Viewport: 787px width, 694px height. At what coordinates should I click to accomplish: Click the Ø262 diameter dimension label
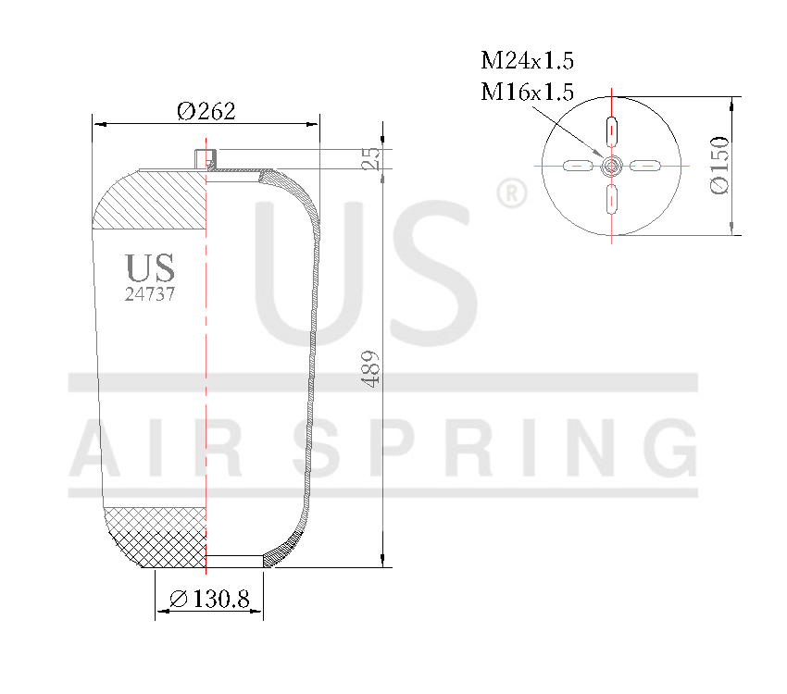coord(206,111)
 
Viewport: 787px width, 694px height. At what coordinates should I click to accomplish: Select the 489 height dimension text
coord(371,368)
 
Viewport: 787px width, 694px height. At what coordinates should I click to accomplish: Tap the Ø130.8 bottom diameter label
coord(209,600)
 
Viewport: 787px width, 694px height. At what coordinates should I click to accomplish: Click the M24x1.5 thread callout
coord(527,62)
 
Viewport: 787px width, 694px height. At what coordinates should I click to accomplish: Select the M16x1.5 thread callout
coord(527,92)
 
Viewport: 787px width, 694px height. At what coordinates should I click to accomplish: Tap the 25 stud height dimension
coord(370,157)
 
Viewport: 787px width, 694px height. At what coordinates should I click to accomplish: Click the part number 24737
coord(150,294)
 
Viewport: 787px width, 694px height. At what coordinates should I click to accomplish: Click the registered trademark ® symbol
coord(511,193)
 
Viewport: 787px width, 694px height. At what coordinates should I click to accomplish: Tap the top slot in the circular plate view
coord(612,129)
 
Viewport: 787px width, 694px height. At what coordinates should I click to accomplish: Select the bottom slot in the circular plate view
coord(612,199)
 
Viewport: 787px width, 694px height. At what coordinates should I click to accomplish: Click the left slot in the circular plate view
coord(577,166)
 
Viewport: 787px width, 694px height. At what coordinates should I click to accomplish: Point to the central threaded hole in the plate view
coord(612,166)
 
